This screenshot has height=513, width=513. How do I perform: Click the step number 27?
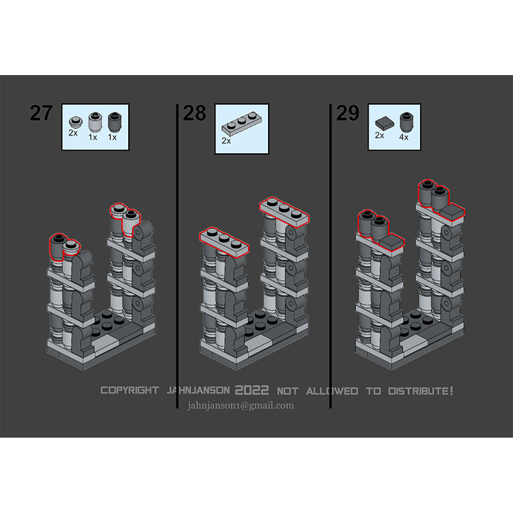tap(41, 114)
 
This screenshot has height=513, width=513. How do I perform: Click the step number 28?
tap(194, 114)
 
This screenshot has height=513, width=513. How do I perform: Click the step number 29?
tap(348, 114)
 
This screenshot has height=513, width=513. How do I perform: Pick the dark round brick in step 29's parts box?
tap(407, 122)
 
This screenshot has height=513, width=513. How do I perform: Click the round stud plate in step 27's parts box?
tap(76, 122)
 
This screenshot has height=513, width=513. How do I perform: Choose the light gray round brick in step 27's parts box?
tap(95, 122)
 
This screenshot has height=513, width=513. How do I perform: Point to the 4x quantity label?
tap(404, 137)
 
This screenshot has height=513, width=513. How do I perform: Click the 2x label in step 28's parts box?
tap(226, 141)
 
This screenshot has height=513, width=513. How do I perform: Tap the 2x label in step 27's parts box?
tap(73, 133)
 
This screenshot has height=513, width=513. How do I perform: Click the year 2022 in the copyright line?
tap(252, 390)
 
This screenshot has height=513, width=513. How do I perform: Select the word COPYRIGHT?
tap(130, 390)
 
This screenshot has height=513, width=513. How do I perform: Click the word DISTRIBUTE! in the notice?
tap(421, 391)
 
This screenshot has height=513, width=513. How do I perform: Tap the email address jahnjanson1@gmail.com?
tap(240, 406)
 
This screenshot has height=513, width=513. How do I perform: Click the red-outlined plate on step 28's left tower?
tap(224, 240)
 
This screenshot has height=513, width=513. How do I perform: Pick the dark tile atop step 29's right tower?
tap(452, 212)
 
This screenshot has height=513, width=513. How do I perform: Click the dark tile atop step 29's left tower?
tap(392, 242)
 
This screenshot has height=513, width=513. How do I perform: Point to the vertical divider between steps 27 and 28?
tap(177, 256)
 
